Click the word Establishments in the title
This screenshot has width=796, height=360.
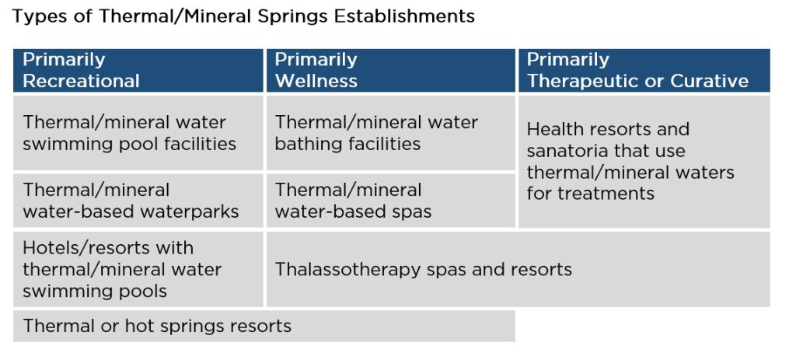pos(404,17)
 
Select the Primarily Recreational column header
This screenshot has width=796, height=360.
pos(138,70)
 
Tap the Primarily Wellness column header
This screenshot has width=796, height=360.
pos(390,70)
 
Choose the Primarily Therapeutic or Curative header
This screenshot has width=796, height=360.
pos(644,70)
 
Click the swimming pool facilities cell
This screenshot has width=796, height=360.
pos(138,132)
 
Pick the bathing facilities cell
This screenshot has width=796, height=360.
pos(390,132)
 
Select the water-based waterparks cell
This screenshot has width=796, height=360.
pos(138,201)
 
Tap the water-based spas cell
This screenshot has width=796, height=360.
pos(390,201)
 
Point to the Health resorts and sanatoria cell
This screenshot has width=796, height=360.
pos(644,162)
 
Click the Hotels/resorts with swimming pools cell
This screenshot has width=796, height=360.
pos(138,269)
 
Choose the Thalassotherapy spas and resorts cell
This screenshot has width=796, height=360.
pos(518,269)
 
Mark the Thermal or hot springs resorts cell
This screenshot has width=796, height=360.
pos(264,326)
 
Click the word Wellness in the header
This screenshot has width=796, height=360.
pos(316,81)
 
